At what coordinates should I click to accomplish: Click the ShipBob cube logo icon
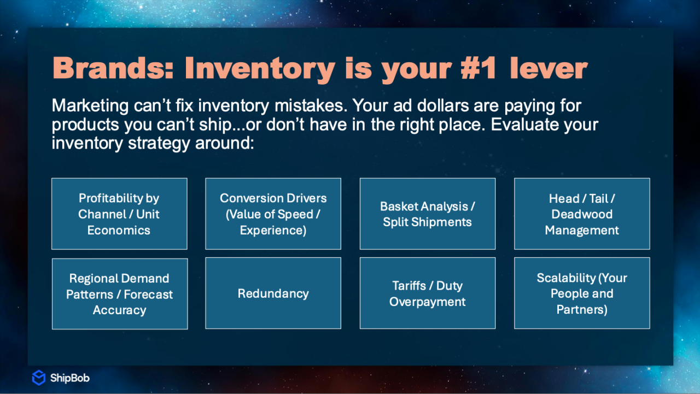tap(39, 378)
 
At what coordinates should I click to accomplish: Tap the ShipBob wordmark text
tap(70, 378)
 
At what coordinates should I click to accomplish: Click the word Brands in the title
tap(113, 68)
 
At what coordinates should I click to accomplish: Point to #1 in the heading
tap(479, 68)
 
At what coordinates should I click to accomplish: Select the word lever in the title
tap(549, 68)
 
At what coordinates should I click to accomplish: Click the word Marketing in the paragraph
tap(90, 106)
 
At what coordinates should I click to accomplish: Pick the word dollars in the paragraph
tap(443, 105)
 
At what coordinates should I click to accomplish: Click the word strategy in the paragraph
tap(159, 144)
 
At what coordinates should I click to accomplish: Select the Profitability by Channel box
tap(119, 214)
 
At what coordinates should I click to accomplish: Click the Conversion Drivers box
tap(273, 214)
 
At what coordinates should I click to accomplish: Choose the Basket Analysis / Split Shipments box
tap(428, 214)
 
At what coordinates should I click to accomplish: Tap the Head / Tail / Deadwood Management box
tap(582, 214)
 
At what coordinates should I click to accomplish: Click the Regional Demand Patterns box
tap(120, 294)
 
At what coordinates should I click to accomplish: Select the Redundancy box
tap(273, 293)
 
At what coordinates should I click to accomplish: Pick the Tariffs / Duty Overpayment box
tap(428, 293)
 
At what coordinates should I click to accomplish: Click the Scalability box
tap(582, 293)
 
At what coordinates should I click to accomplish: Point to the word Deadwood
tap(582, 214)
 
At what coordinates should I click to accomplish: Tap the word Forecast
tap(148, 295)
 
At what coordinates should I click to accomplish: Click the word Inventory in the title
tap(260, 69)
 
